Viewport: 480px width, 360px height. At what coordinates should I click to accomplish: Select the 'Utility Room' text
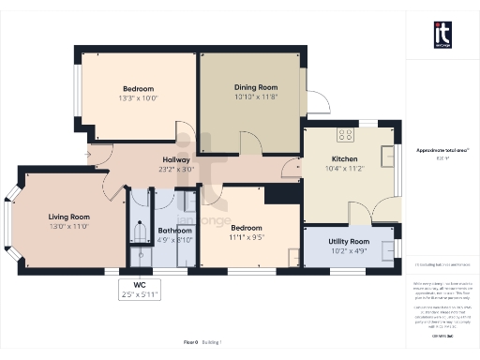(348, 242)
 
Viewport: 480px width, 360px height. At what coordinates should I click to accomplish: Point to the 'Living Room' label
(67, 217)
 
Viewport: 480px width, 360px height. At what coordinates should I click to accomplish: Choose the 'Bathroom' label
(175, 231)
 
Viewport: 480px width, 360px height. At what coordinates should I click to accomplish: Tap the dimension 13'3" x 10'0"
(138, 97)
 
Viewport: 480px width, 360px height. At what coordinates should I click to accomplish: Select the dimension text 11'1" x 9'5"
(246, 237)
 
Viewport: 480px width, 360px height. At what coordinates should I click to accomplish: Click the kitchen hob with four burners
(344, 134)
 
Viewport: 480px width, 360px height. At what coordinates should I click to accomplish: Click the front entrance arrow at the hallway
(87, 154)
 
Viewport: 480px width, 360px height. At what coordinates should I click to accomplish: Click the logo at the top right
(442, 35)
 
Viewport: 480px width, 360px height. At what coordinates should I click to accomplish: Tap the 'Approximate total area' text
(442, 150)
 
